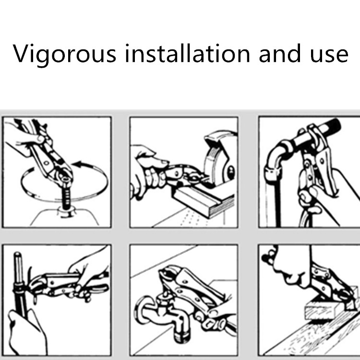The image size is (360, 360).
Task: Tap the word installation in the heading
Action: [x=187, y=53]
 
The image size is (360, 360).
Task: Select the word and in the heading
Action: [x=280, y=53]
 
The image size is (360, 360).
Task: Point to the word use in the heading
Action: [x=329, y=55]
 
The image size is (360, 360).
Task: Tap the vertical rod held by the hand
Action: [x=20, y=285]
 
